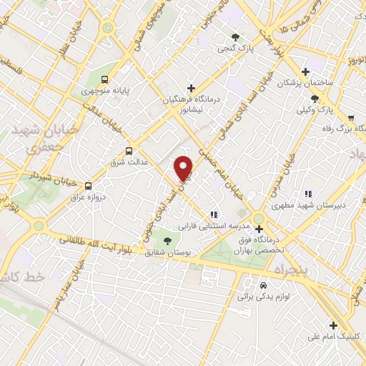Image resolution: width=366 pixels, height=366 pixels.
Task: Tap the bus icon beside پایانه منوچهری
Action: pos(106,80)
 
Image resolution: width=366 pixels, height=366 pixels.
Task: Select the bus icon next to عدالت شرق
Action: pos(129,151)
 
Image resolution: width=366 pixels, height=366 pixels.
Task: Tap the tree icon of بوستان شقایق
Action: pos(167,241)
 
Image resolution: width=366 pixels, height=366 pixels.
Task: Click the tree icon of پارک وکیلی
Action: pos(315,99)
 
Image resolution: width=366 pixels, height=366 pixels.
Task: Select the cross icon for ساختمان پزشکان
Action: pos(305,71)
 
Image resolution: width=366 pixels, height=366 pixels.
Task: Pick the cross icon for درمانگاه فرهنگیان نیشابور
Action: pos(191,88)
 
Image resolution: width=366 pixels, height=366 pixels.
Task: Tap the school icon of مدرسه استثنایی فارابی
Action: pos(212,214)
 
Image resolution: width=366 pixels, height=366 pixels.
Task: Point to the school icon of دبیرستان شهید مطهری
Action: pos(308,194)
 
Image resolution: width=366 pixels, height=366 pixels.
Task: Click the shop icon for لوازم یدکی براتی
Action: pos(263,284)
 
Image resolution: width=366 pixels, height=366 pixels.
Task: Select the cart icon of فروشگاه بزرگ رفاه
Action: pos(350,118)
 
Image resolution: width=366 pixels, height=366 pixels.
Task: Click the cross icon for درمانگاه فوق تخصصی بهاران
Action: pos(259,229)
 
